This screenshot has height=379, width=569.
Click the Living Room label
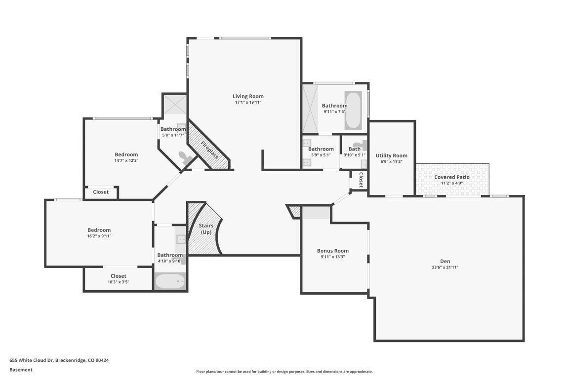click(248, 96)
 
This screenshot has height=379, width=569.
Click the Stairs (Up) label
click(206, 228)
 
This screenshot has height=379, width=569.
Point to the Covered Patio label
click(451, 177)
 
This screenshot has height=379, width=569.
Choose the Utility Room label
click(391, 155)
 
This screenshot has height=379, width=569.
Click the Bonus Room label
click(332, 251)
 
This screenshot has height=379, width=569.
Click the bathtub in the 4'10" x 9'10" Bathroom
click(169, 282)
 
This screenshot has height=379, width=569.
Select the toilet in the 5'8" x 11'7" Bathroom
click(186, 157)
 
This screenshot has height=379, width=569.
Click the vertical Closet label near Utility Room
click(361, 180)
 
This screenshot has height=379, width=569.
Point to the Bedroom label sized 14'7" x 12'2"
click(126, 154)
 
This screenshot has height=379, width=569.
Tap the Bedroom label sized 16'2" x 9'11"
click(99, 230)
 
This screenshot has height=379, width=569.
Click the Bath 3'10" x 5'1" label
click(354, 149)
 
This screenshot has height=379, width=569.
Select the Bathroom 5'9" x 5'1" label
click(321, 149)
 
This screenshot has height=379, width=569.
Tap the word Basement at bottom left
click(21, 370)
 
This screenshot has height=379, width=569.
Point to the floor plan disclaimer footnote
click(284, 372)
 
